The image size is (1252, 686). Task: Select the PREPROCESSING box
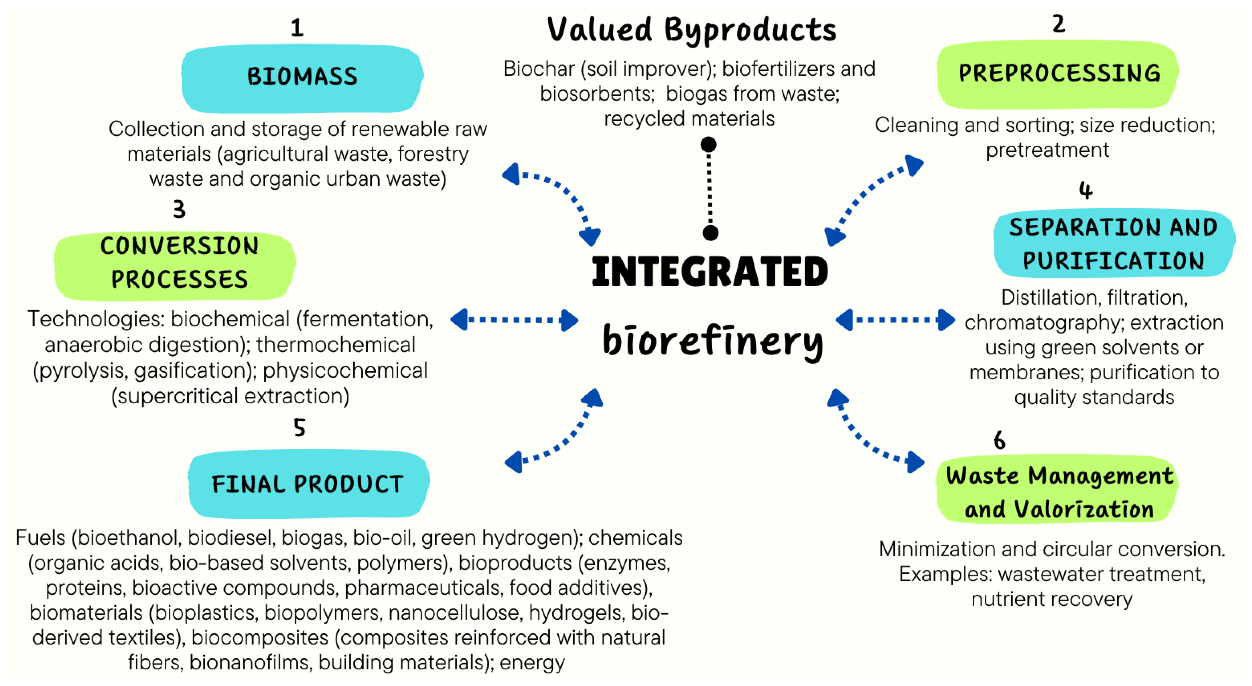click(1058, 74)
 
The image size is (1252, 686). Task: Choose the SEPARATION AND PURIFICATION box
click(1113, 244)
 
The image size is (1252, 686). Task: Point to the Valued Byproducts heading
click(692, 30)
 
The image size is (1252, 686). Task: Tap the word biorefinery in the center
click(712, 340)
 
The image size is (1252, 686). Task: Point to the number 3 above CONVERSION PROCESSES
click(179, 209)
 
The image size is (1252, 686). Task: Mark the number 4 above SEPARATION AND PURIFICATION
click(1086, 191)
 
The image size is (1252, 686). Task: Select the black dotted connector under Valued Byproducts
click(709, 189)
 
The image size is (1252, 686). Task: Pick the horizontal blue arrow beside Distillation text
click(895, 320)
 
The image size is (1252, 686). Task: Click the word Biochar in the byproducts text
click(539, 69)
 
